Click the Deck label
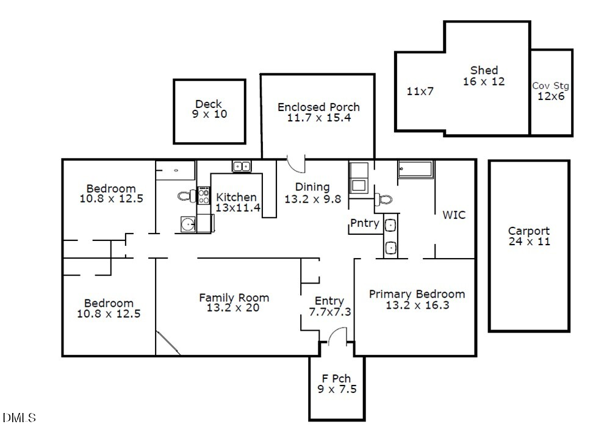tap(209, 104)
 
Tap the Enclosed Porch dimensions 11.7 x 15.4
tap(318, 118)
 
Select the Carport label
tap(528, 231)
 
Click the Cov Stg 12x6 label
tap(551, 91)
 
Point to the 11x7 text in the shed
tap(420, 92)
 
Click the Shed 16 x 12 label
tap(484, 76)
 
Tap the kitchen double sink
tap(242, 166)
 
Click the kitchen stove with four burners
tap(204, 196)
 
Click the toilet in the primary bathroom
tap(383, 198)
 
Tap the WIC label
tap(454, 215)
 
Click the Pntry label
tap(365, 223)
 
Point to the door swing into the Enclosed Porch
tap(296, 163)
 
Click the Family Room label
tap(234, 298)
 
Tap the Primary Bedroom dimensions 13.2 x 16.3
tap(417, 305)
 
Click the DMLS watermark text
tap(20, 418)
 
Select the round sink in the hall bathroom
tap(189, 224)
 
